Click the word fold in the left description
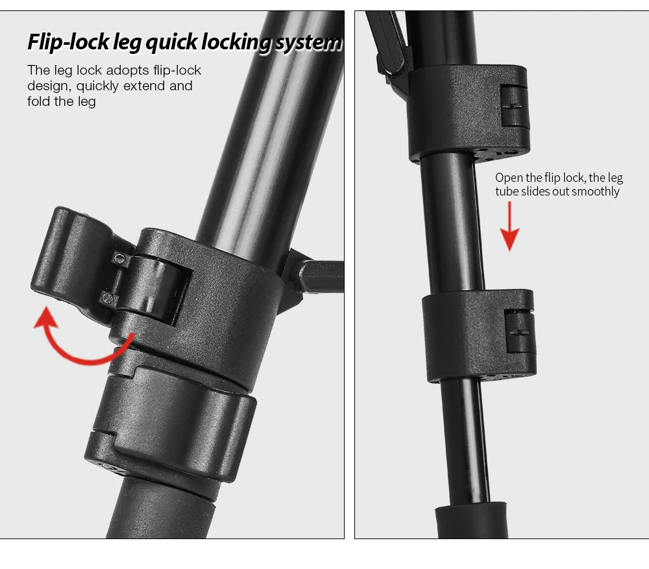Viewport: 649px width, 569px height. pos(39,101)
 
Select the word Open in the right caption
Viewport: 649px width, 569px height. pos(509,178)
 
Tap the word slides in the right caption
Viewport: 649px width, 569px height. pos(535,192)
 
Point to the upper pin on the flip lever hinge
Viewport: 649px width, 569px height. pos(119,259)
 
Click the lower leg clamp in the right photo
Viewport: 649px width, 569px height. pos(479,335)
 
